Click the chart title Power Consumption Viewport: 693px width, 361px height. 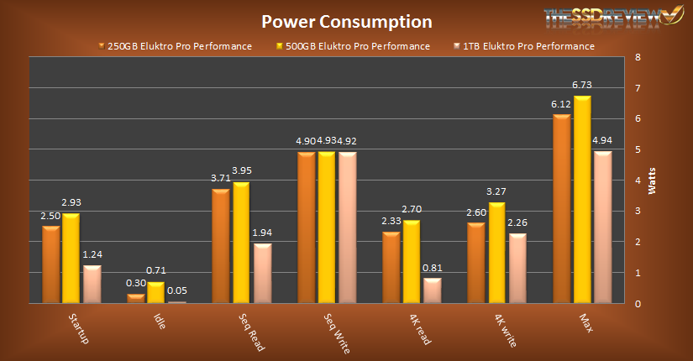346,21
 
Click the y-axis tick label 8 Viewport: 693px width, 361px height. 638,58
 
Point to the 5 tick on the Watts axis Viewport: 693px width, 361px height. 638,150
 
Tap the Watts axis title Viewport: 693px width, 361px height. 651,180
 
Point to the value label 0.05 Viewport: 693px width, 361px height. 177,290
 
